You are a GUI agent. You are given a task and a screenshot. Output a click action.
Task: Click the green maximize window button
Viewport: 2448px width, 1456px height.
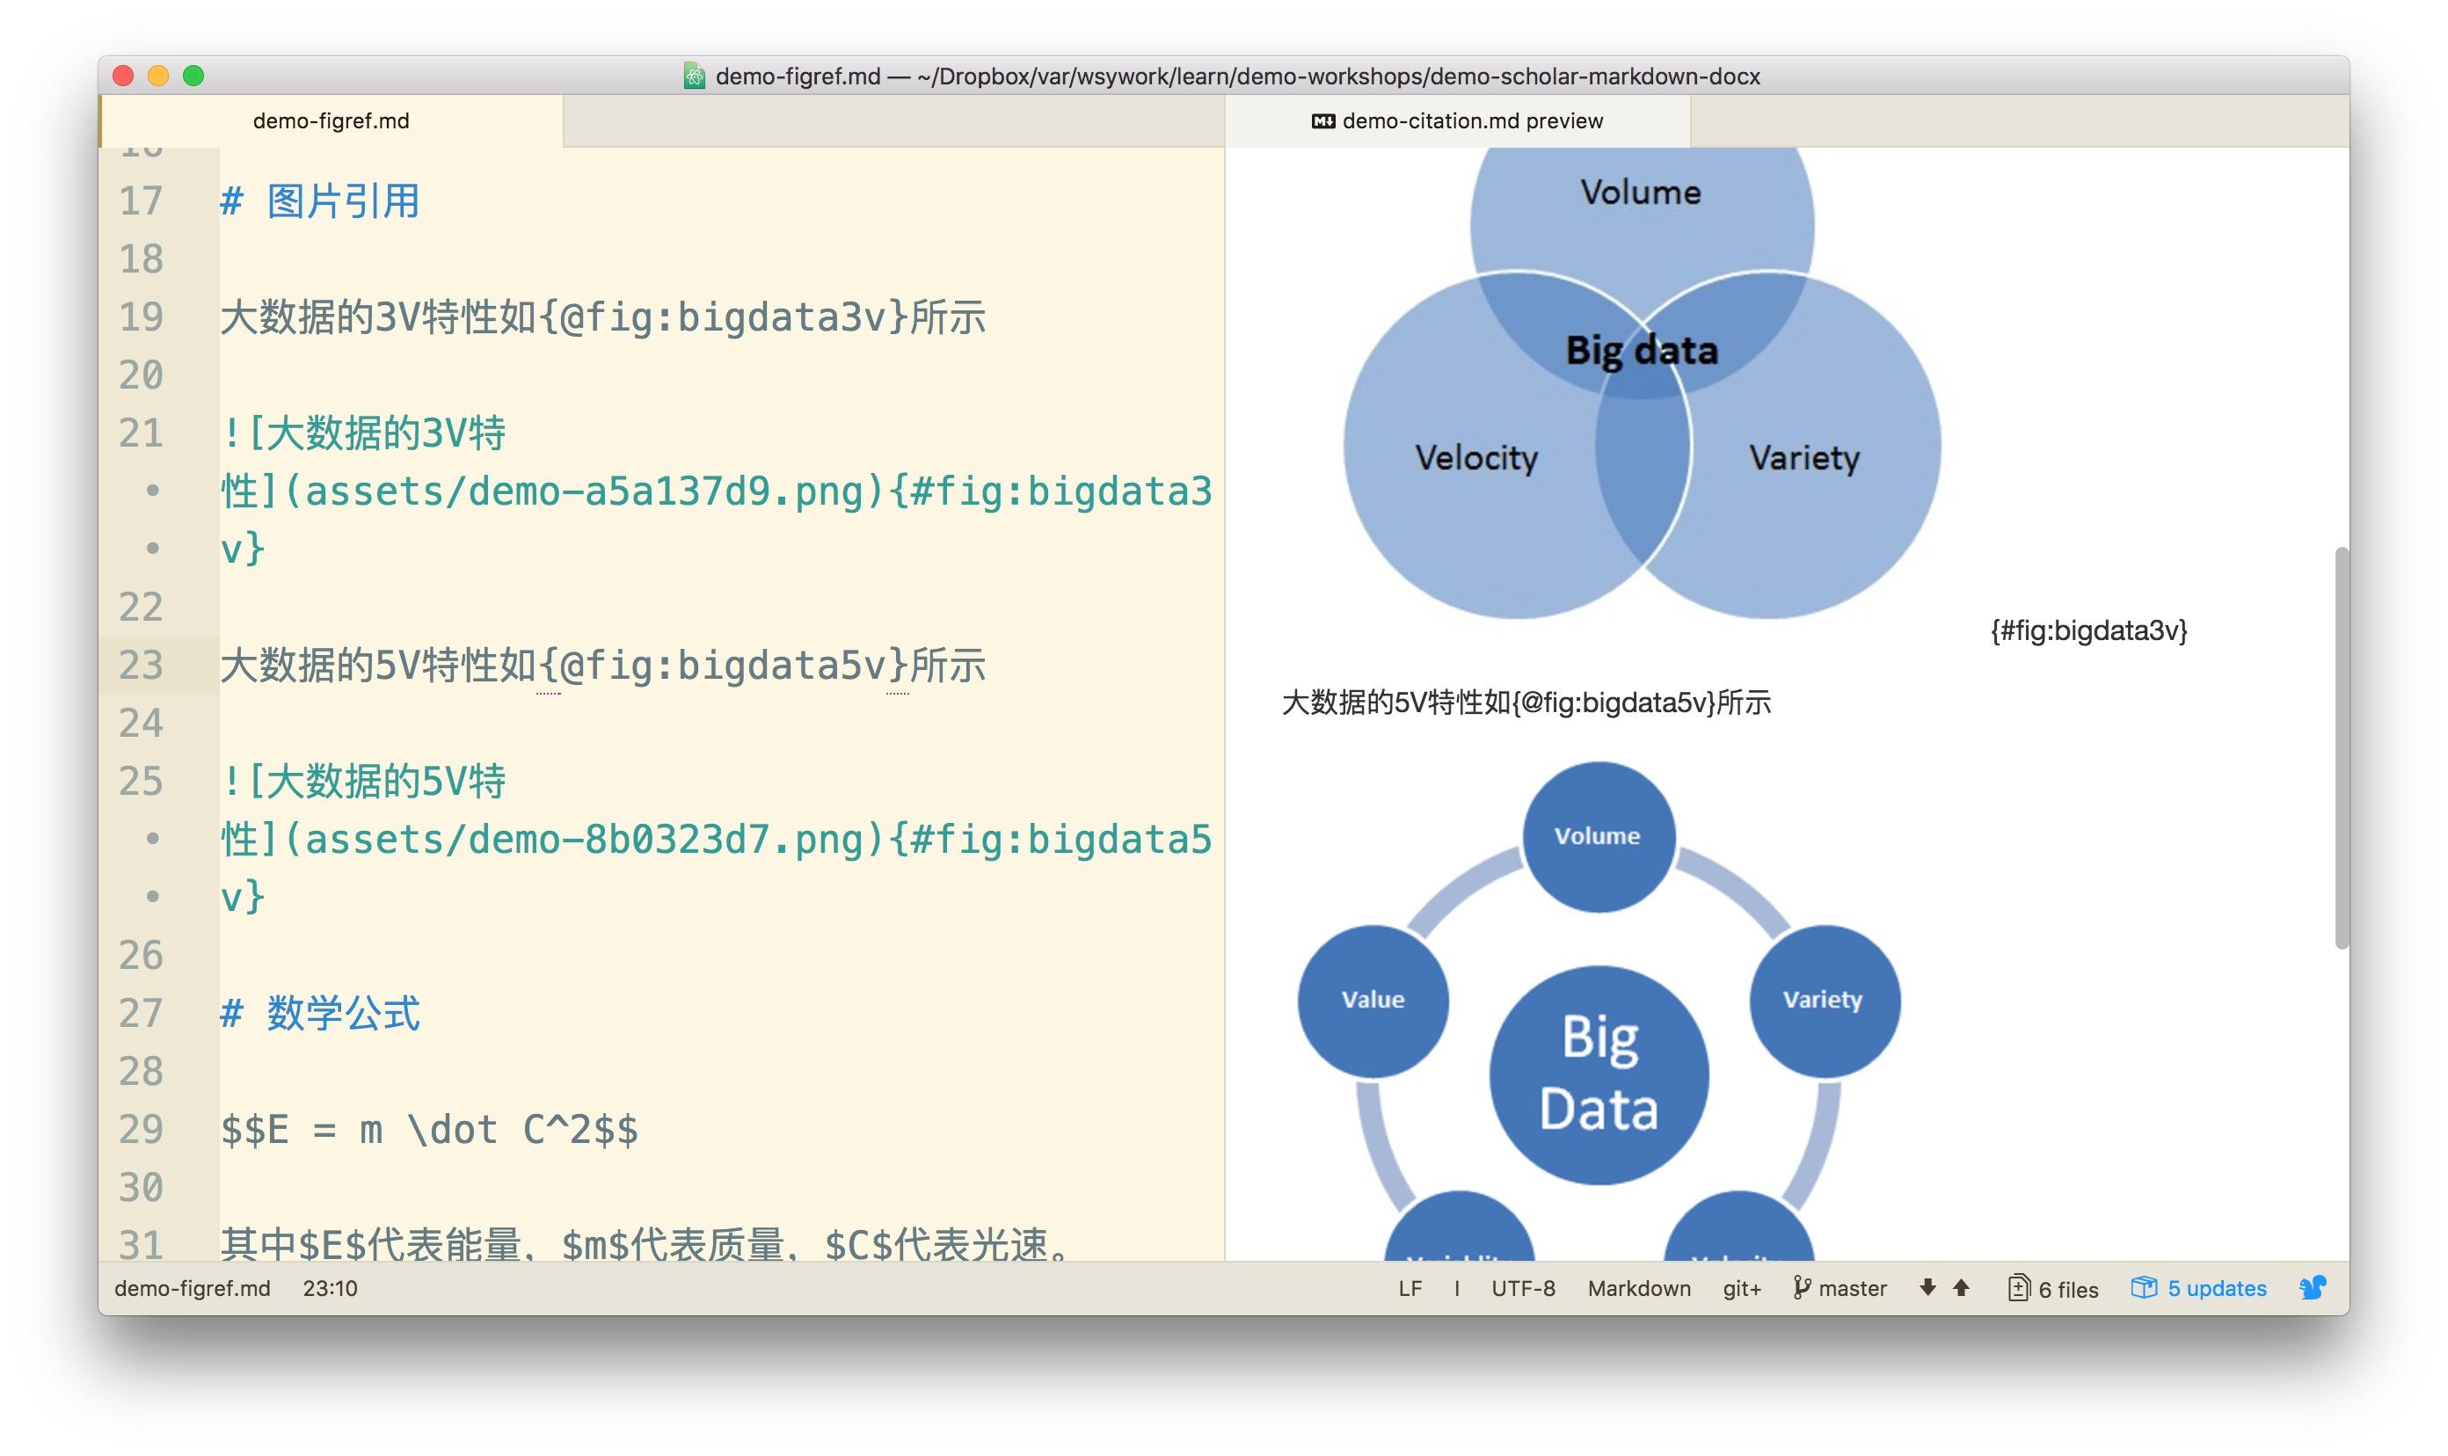pyautogui.click(x=193, y=76)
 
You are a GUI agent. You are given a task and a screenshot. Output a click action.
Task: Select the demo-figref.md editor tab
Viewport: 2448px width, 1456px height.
pyautogui.click(x=331, y=120)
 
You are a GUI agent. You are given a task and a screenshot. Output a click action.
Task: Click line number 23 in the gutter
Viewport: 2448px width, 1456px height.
pyautogui.click(x=142, y=666)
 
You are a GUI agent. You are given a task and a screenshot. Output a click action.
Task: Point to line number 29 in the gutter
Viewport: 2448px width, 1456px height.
pyautogui.click(x=142, y=1129)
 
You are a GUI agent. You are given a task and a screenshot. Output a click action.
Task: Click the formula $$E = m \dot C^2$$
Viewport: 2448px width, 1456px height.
pyautogui.click(x=429, y=1129)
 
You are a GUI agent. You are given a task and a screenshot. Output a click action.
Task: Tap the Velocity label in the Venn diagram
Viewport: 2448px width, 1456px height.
pyautogui.click(x=1475, y=457)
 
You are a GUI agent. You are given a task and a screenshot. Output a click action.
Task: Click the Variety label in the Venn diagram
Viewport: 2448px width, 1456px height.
pyautogui.click(x=1803, y=457)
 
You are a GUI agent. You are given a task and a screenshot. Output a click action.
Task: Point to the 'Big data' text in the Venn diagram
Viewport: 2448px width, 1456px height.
pyautogui.click(x=1642, y=350)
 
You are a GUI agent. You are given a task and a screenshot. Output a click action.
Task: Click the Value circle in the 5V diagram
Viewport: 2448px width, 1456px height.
pyautogui.click(x=1373, y=1000)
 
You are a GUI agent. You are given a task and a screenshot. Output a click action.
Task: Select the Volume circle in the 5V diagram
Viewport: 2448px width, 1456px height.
pyautogui.click(x=1598, y=836)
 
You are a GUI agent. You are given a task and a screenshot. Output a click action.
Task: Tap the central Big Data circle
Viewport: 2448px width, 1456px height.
pyautogui.click(x=1599, y=1074)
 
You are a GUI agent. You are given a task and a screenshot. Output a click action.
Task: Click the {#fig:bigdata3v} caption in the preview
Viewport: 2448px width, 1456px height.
pyautogui.click(x=2087, y=630)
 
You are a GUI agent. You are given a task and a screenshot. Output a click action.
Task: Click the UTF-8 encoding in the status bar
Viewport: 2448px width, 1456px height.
pyautogui.click(x=1523, y=1288)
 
